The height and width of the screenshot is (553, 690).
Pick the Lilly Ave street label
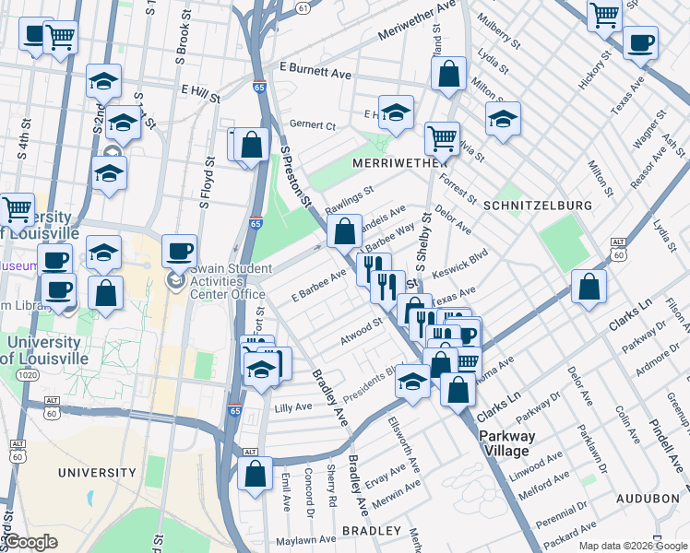point(293,406)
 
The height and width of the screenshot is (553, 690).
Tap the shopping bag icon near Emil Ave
point(256,474)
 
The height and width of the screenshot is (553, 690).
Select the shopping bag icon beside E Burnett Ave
point(448,77)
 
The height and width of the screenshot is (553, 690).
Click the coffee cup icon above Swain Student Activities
point(179,250)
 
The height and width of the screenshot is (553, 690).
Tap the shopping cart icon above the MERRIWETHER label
point(442,139)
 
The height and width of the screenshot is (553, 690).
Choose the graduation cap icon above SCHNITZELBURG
point(503,120)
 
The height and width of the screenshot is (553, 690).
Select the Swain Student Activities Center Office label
point(220,280)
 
